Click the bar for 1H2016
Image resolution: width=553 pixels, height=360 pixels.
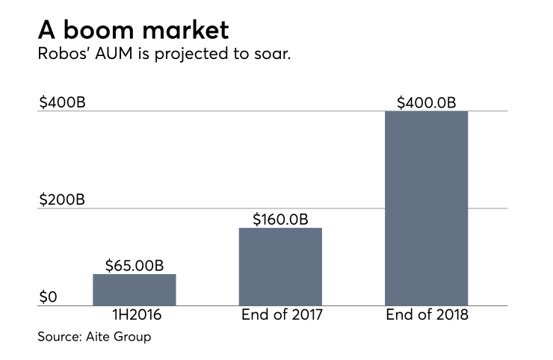tap(134, 290)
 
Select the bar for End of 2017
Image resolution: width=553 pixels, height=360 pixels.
tap(280, 267)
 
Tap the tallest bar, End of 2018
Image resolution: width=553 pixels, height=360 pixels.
tap(426, 208)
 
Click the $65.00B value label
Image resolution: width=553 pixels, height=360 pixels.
tap(135, 264)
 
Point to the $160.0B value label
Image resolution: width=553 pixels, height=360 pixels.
tap(280, 219)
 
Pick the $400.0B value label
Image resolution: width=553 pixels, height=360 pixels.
tap(427, 102)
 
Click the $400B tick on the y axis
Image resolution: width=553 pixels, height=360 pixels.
tap(62, 102)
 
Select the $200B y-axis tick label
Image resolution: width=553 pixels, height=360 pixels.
tap(62, 199)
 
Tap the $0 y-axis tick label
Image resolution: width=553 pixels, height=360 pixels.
tap(48, 297)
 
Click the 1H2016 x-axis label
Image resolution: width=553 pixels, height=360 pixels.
tap(134, 315)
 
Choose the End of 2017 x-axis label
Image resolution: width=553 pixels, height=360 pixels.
tap(281, 315)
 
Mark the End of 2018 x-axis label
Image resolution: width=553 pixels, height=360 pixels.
tap(427, 315)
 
